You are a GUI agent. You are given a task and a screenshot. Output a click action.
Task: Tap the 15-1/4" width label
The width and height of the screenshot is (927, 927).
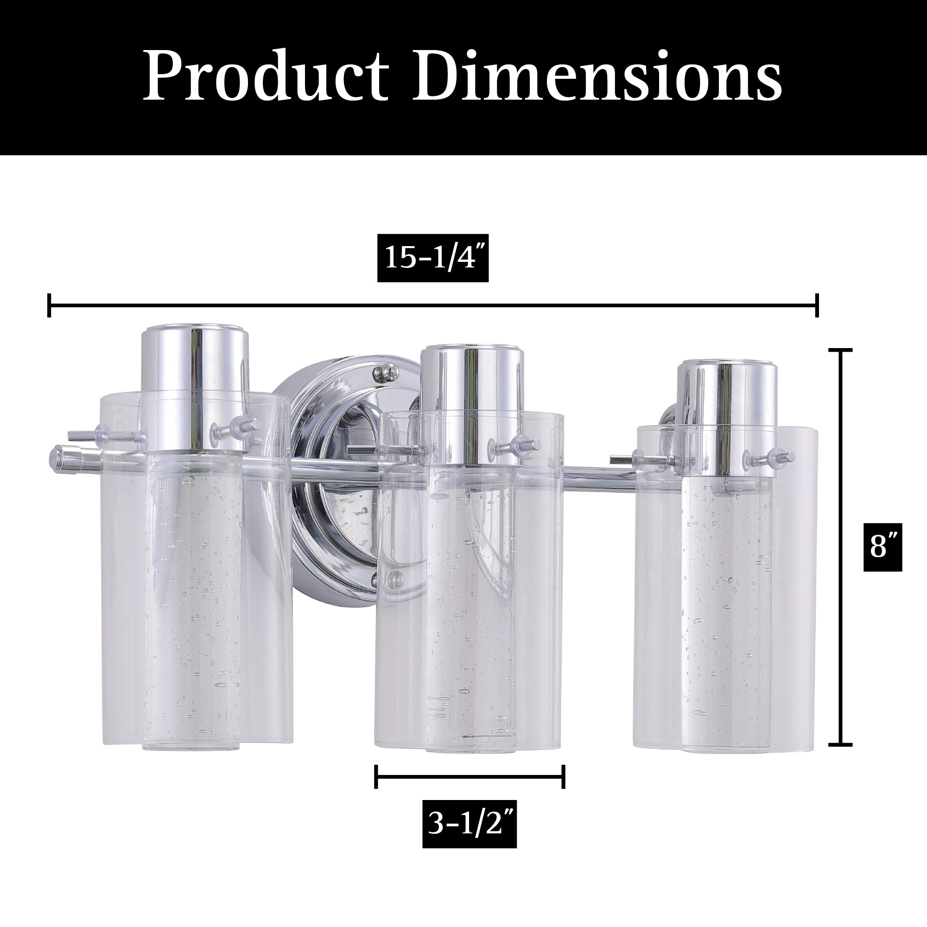click(433, 258)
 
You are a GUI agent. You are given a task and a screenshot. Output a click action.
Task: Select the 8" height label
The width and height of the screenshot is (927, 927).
click(883, 547)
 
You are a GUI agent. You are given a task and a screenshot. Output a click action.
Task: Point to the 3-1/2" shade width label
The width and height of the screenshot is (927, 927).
click(470, 824)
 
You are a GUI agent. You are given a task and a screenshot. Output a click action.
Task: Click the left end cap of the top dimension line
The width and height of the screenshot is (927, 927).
click(49, 305)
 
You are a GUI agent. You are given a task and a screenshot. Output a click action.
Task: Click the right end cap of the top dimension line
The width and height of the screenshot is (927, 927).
click(817, 305)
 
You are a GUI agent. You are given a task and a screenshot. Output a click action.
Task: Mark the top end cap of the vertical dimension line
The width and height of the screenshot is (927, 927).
click(841, 350)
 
